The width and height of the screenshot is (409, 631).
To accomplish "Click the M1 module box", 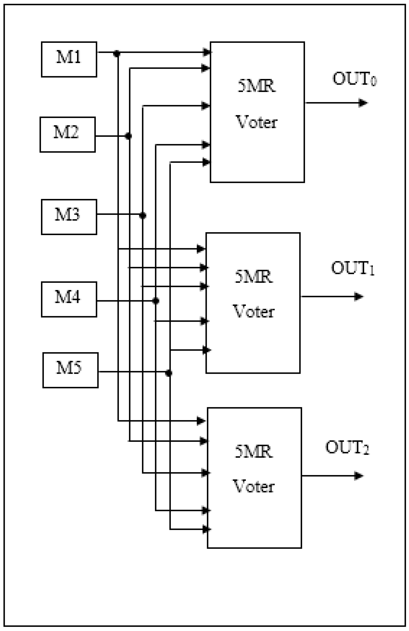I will coord(69,59).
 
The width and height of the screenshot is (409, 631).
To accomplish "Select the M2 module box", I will coord(67,134).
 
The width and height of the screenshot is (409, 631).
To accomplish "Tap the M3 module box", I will coord(69,217).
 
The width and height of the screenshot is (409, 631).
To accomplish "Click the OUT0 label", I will coord(354,79).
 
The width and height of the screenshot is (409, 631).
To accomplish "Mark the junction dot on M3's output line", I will coord(143,215).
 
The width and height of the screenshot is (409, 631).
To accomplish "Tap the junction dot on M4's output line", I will coord(156,301).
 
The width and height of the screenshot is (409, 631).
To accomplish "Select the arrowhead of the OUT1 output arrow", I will coord(359,296).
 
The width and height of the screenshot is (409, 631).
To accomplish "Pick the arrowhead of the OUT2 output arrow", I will coord(359,476).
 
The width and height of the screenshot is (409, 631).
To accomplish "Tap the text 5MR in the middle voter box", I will coord(254,277).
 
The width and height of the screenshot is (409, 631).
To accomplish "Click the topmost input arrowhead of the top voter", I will coord(206,52).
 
